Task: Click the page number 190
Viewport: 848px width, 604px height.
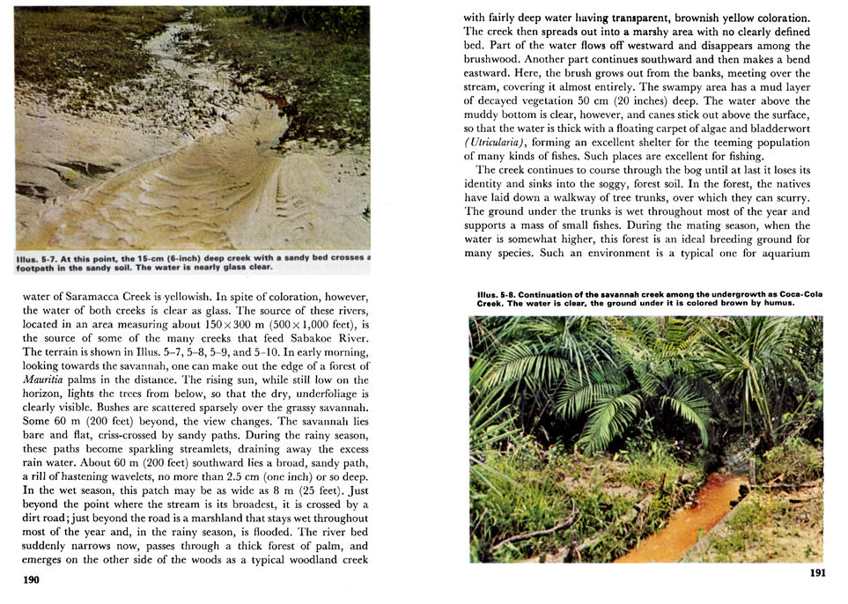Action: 31,580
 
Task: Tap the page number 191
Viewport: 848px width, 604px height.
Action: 816,573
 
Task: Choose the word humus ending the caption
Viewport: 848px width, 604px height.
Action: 778,304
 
